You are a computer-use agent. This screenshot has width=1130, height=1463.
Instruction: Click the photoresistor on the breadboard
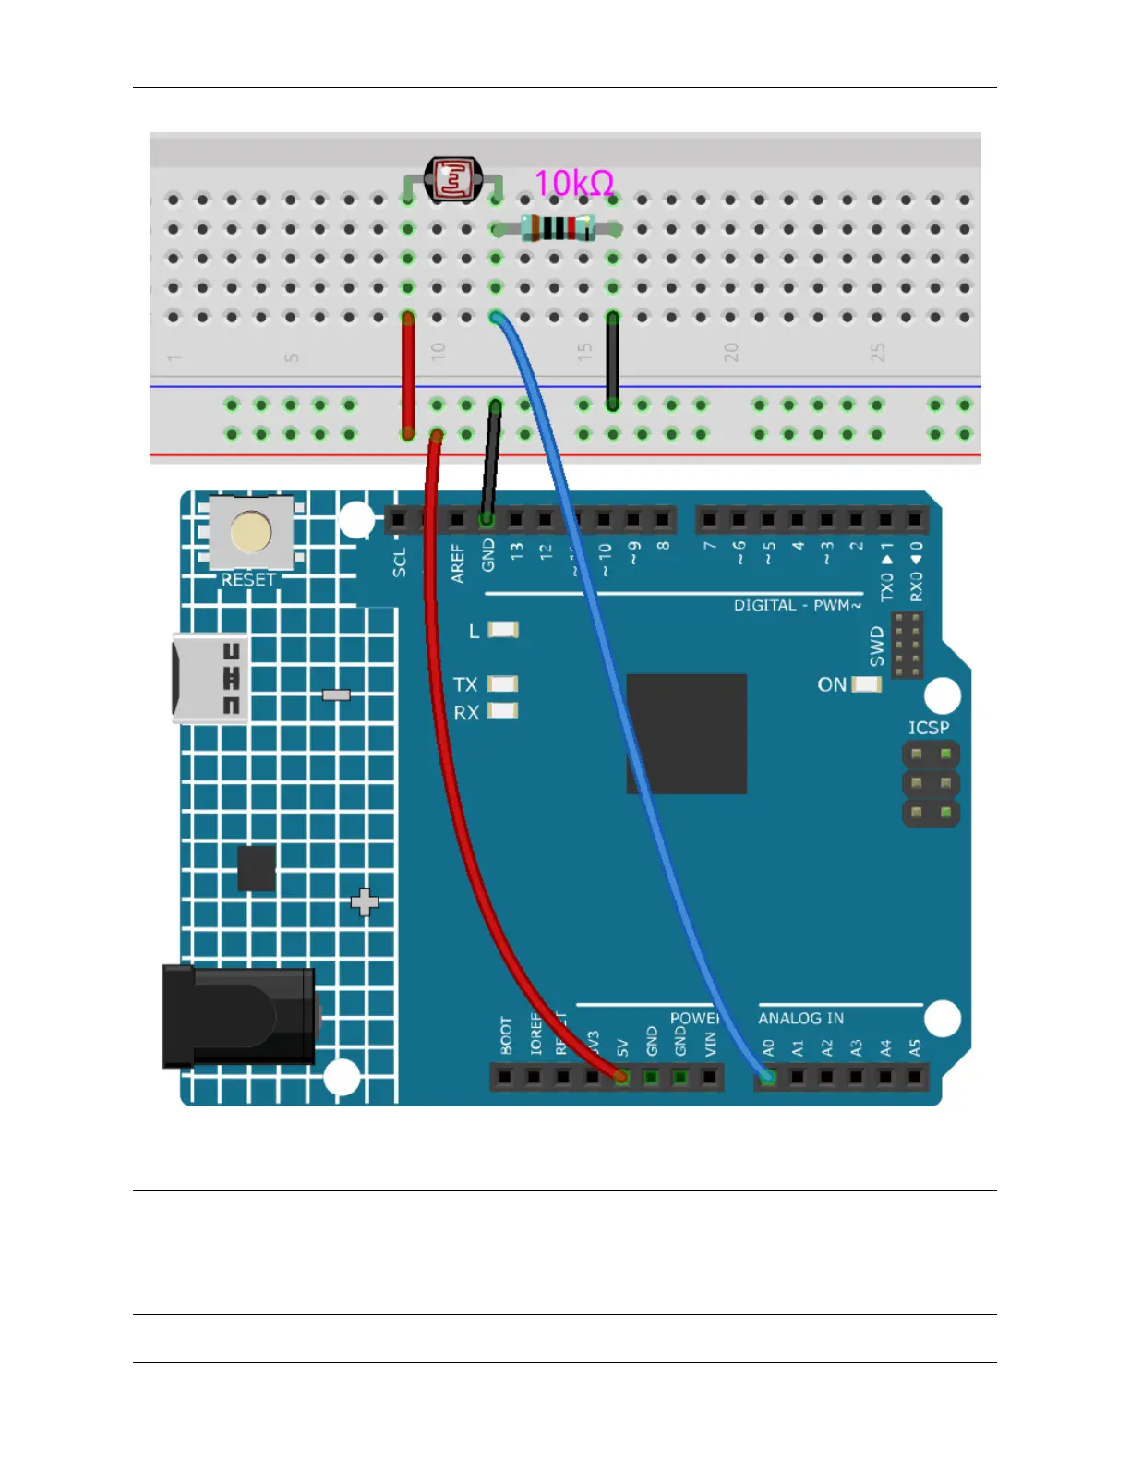453,178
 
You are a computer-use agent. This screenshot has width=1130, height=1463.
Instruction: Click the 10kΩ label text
573,184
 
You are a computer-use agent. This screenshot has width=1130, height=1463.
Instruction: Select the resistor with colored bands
557,228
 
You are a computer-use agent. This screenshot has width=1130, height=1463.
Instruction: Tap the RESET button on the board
251,533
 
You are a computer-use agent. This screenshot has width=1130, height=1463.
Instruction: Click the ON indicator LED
866,684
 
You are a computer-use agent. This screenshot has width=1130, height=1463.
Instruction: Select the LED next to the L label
503,630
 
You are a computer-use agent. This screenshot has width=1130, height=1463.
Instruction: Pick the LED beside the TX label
503,684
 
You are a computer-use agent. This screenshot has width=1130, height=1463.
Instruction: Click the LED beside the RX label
503,711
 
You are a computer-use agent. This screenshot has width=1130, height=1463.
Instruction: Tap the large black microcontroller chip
687,734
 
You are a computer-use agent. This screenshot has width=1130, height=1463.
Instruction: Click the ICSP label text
928,728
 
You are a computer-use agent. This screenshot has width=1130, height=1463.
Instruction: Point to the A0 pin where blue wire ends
767,1077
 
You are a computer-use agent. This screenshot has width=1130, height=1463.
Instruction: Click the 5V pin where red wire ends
621,1077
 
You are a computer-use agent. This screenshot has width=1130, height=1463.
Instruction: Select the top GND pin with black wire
487,520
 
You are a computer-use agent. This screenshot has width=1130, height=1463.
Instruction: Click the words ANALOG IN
800,1018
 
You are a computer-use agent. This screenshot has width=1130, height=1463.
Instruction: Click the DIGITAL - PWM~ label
797,606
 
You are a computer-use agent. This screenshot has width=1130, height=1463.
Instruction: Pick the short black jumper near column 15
612,360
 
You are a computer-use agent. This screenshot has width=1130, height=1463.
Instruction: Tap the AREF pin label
458,563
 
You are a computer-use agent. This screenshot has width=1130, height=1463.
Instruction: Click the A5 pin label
915,1048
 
